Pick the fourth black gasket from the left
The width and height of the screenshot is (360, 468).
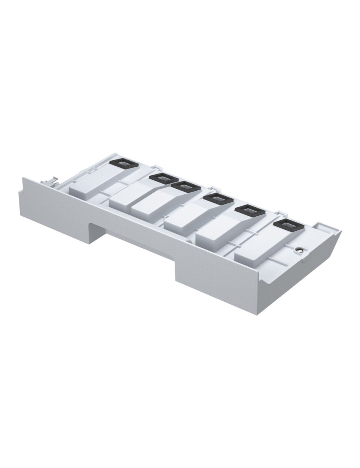tap(216, 198)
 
